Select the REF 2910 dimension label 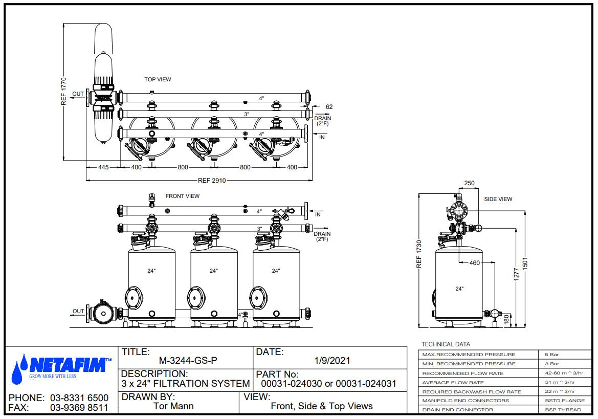[212, 181]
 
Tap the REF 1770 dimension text [64, 92]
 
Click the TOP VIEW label [158, 79]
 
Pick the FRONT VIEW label [182, 196]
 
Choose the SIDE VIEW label [498, 199]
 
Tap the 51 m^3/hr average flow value [559, 382]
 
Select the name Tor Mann [173, 407]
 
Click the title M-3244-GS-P [188, 361]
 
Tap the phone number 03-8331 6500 [79, 398]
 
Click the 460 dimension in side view [475, 263]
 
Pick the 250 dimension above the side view [469, 183]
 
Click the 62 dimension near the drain [329, 107]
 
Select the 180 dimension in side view [507, 319]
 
